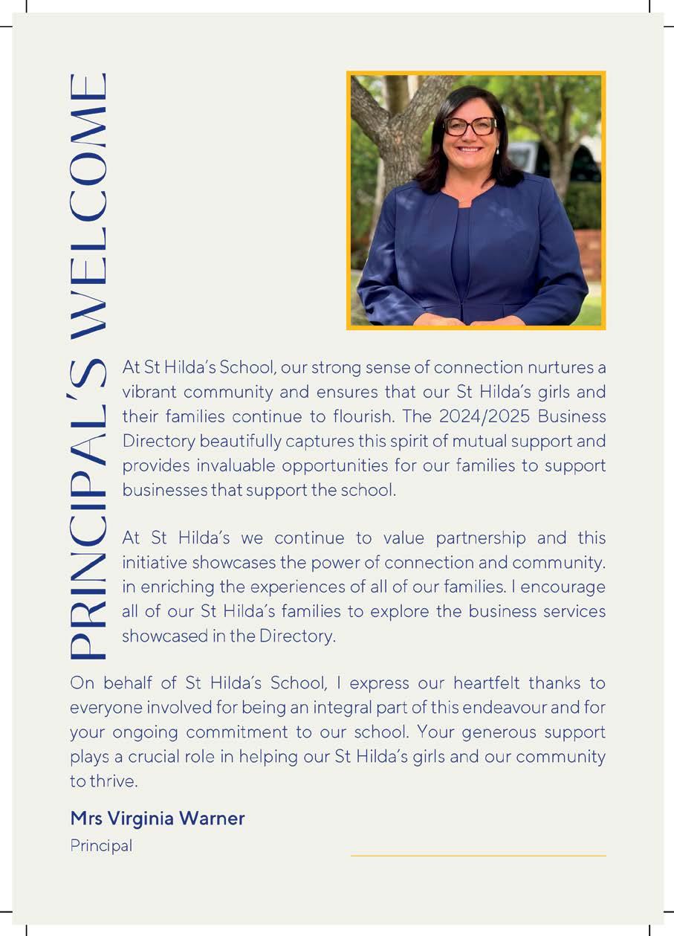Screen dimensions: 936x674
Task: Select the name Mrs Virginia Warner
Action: click(157, 819)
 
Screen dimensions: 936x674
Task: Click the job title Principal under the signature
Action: click(101, 845)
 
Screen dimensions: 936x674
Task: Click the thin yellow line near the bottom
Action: click(478, 856)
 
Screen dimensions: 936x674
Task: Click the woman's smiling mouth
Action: click(471, 149)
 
